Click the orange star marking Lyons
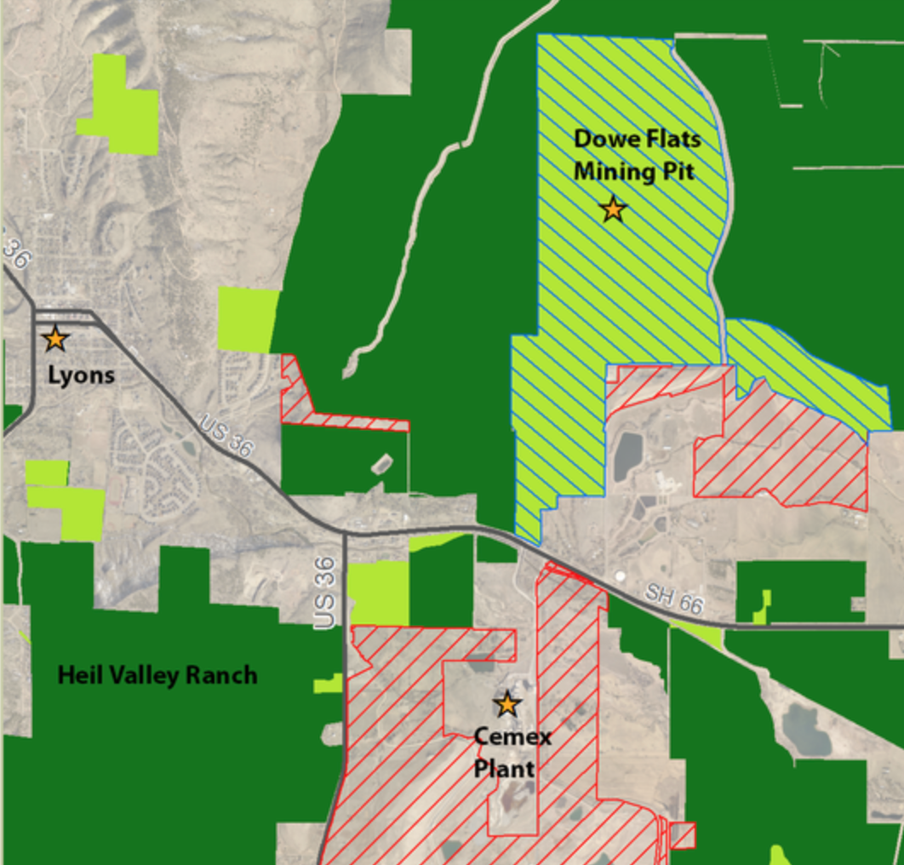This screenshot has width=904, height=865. coord(55,339)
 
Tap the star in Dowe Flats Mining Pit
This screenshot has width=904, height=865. coord(613,209)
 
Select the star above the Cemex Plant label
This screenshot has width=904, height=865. coord(507,704)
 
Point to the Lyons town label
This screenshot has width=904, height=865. coord(81,375)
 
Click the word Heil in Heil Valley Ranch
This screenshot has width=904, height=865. coord(79,676)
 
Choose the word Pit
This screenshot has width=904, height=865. coord(680,171)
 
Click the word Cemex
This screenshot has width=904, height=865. coord(512,736)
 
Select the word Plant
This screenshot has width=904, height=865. coord(504,769)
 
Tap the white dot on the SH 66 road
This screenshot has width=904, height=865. coord(620,576)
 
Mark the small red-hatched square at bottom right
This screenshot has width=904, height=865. coord(683,835)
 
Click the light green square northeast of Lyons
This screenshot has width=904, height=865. coord(248,319)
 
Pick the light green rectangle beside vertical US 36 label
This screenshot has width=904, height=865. coord(379,593)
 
